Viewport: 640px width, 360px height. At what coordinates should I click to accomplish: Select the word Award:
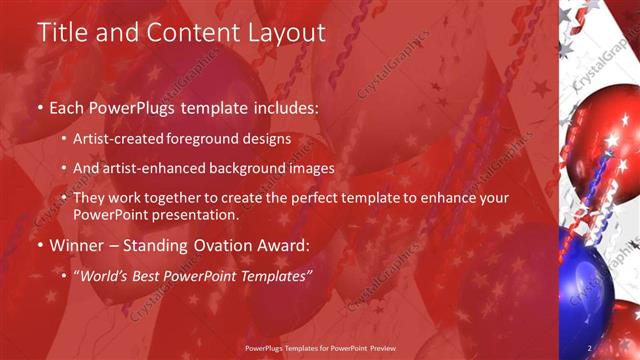tap(285, 245)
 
